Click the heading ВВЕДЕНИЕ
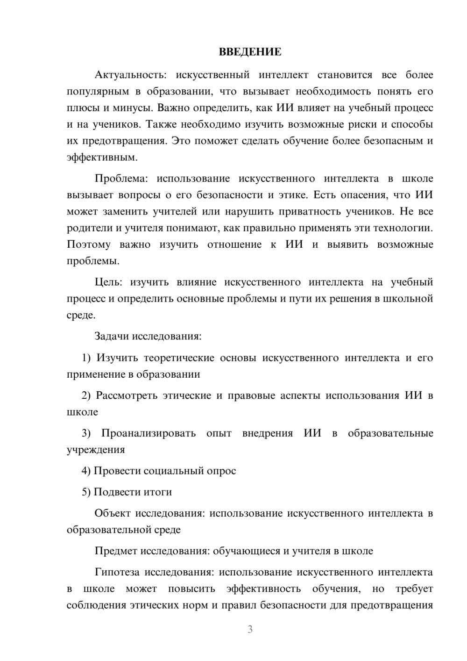coord(250,52)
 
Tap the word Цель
coord(108,282)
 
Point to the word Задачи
coord(113,336)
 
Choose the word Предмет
coord(116,551)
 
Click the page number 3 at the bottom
coord(250,629)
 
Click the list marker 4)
coord(86,471)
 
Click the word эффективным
coord(102,158)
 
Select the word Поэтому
coord(89,244)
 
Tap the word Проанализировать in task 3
coord(149,433)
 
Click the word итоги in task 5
coord(157,492)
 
